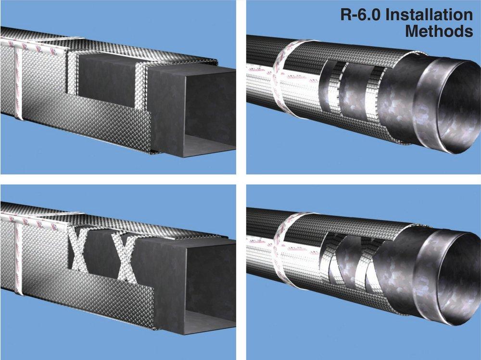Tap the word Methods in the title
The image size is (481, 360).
[439, 32]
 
